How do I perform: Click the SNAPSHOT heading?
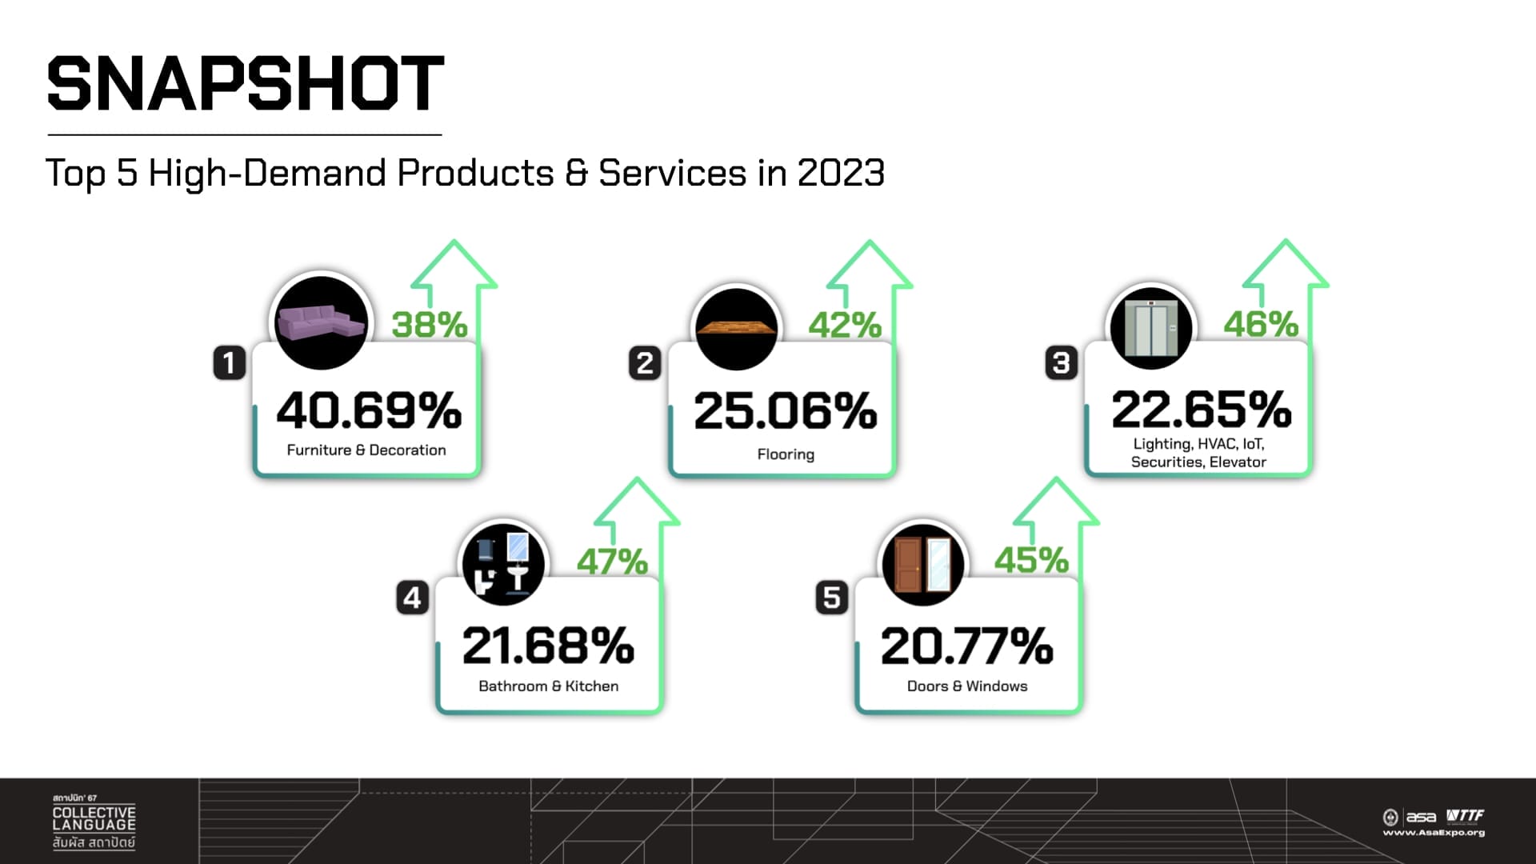pyautogui.click(x=246, y=84)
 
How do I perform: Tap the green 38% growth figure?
pyautogui.click(x=430, y=325)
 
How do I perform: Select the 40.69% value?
pyautogui.click(x=369, y=410)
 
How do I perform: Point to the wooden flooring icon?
pyautogui.click(x=736, y=327)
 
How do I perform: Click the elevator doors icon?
pyautogui.click(x=1151, y=328)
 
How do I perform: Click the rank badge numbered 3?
pyautogui.click(x=1062, y=363)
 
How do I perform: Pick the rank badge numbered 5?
pyautogui.click(x=831, y=598)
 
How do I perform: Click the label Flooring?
pyautogui.click(x=786, y=454)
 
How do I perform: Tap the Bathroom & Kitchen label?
pyautogui.click(x=548, y=686)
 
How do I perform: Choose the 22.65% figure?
pyautogui.click(x=1201, y=410)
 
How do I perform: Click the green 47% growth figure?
pyautogui.click(x=612, y=562)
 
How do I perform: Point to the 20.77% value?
pyautogui.click(x=966, y=646)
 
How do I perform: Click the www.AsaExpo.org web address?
pyautogui.click(x=1434, y=833)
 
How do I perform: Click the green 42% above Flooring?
pyautogui.click(x=845, y=325)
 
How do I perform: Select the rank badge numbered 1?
pyautogui.click(x=229, y=363)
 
